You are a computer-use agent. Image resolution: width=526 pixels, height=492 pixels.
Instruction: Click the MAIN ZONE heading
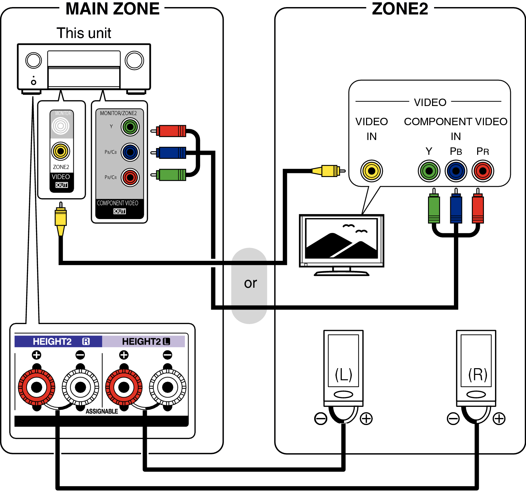click(112, 9)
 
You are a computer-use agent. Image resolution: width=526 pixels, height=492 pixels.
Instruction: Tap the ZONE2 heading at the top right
click(400, 9)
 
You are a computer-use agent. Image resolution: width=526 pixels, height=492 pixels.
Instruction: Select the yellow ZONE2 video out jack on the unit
click(61, 151)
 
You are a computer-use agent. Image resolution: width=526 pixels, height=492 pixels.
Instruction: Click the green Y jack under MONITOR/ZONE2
click(130, 127)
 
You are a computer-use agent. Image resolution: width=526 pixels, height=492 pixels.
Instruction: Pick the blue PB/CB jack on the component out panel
click(130, 152)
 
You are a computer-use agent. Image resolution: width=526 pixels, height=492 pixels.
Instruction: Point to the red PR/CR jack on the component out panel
click(130, 177)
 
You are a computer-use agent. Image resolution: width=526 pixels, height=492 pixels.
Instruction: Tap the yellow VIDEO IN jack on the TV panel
click(371, 171)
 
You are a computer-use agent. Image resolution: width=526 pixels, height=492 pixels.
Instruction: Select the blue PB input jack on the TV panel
click(456, 171)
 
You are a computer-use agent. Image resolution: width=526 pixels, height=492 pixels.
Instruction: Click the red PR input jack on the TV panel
click(483, 171)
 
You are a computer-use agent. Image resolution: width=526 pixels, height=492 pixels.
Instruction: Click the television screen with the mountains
click(341, 238)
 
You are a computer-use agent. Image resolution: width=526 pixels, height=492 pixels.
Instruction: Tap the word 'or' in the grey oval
click(250, 283)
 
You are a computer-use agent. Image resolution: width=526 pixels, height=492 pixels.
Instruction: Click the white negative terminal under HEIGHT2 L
click(167, 387)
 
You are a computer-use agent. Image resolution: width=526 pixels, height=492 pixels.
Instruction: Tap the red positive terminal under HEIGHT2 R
click(36, 387)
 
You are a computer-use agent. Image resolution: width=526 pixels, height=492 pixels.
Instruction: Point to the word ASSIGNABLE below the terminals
click(102, 411)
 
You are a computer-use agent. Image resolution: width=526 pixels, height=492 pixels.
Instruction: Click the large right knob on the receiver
click(134, 61)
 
